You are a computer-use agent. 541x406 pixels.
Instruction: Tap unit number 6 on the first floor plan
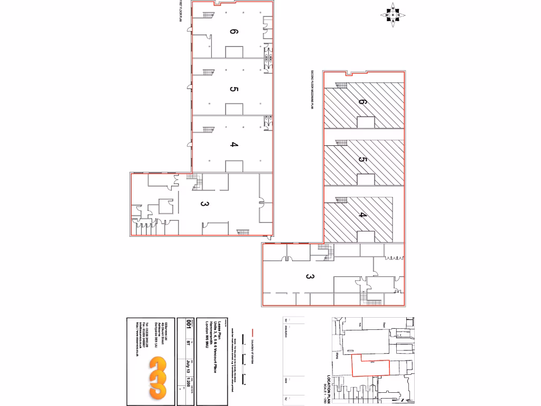pyautogui.click(x=234, y=32)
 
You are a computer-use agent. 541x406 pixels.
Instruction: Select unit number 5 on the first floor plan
pyautogui.click(x=234, y=89)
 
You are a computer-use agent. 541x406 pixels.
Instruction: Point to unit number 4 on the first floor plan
pyautogui.click(x=234, y=145)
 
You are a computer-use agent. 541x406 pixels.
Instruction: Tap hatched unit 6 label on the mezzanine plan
pyautogui.click(x=362, y=102)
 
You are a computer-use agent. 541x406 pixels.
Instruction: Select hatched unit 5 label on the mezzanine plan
pyautogui.click(x=362, y=160)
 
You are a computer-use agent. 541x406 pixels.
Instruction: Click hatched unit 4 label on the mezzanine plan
pyautogui.click(x=362, y=215)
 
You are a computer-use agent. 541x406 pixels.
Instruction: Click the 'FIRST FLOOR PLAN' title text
pyautogui.click(x=180, y=12)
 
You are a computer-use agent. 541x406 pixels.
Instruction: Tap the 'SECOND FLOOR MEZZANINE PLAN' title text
pyautogui.click(x=312, y=90)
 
